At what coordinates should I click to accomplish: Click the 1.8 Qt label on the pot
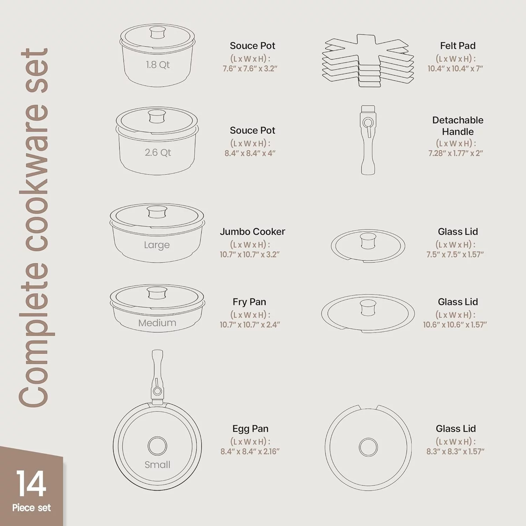[x=158, y=65]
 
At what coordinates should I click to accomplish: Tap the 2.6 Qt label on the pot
[x=158, y=153]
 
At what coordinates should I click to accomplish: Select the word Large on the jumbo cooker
[x=157, y=245]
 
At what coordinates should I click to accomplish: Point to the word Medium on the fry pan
[x=157, y=323]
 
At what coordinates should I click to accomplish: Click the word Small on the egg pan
[x=157, y=465]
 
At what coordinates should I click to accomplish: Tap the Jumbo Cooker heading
[x=252, y=232]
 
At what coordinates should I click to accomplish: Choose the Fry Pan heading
[x=249, y=302]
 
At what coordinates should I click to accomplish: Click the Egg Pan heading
[x=250, y=429]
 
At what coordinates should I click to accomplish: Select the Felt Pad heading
[x=458, y=46]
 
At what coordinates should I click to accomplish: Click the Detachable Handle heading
[x=458, y=126]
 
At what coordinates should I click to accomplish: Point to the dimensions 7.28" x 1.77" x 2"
[x=456, y=153]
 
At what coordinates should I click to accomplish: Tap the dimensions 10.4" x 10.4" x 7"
[x=455, y=69]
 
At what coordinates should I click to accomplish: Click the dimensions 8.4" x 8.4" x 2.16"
[x=250, y=452]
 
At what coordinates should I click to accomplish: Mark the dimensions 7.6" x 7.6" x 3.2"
[x=250, y=69]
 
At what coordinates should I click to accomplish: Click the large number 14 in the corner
[x=31, y=484]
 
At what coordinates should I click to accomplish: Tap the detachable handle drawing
[x=368, y=140]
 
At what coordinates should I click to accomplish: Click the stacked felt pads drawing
[x=368, y=60]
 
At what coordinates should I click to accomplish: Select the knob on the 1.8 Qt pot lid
[x=157, y=33]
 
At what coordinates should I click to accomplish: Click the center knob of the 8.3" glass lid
[x=368, y=447]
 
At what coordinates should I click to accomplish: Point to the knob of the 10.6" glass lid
[x=368, y=308]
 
